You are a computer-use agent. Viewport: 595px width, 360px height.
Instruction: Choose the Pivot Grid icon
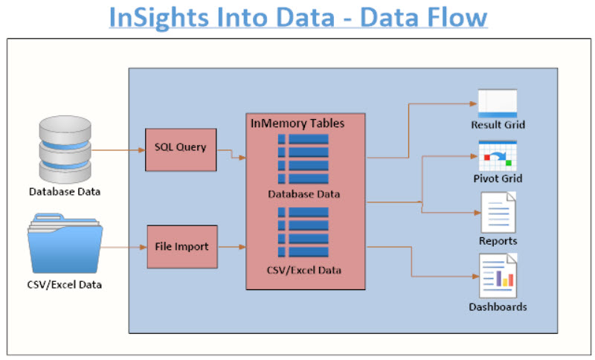coord(498,155)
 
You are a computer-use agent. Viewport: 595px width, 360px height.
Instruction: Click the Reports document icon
coord(498,213)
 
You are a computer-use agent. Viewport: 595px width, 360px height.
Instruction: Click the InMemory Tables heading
coord(297,123)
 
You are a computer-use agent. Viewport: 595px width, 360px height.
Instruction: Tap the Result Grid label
coord(498,125)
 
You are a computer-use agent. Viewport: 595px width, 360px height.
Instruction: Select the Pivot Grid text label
coord(498,179)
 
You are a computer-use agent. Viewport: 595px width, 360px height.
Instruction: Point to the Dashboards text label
coord(498,306)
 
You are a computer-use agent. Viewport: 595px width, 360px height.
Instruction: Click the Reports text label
coord(498,241)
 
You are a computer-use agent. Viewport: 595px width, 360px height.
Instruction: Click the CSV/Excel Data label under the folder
coord(65,284)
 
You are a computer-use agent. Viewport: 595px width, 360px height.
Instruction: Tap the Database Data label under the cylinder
coord(65,192)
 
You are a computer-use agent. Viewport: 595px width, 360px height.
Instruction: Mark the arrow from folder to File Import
coord(123,245)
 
